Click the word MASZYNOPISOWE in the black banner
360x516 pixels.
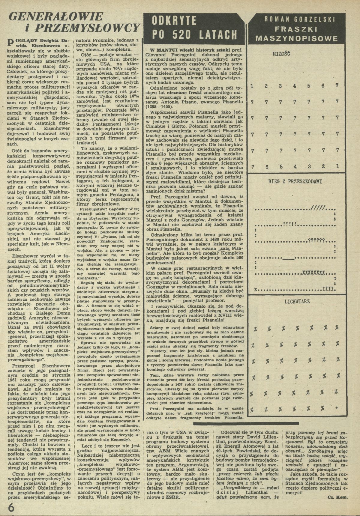pos(296,39)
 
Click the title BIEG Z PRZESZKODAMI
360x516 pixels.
pos(295,182)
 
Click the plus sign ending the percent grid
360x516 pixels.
pos(337,408)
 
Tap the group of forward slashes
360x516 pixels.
pos(320,208)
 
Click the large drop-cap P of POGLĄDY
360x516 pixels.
pos(10,42)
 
